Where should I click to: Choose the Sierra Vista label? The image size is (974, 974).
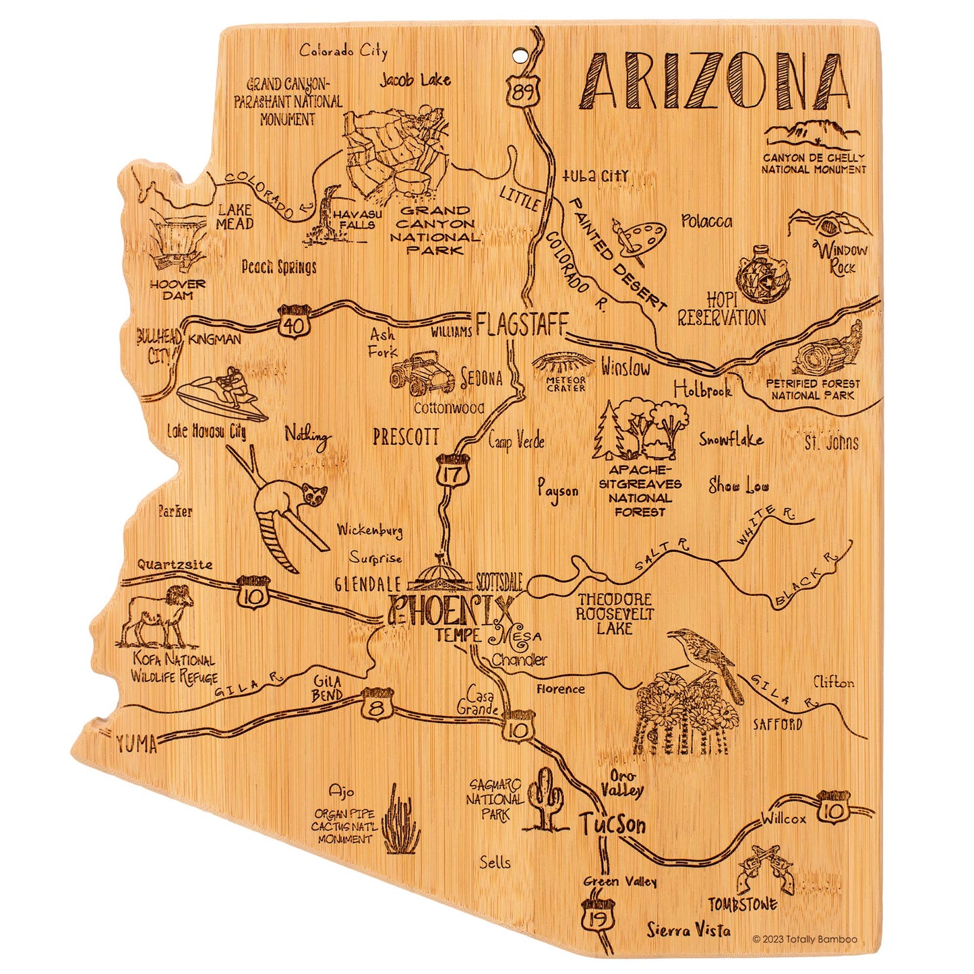(x=688, y=931)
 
